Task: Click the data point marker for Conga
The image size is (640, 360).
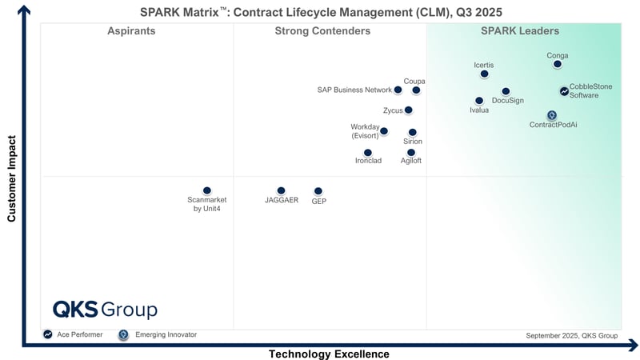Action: [558, 64]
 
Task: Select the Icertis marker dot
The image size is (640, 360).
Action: [484, 74]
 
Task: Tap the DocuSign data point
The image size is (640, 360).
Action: [506, 92]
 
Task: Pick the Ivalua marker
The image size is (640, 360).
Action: [479, 101]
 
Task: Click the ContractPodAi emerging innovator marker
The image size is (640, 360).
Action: [551, 115]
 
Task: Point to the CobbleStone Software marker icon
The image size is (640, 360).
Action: [564, 91]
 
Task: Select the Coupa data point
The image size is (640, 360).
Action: [416, 90]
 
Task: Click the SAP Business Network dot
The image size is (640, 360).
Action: [398, 90]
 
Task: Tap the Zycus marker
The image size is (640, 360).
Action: [409, 110]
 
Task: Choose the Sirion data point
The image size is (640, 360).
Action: [413, 132]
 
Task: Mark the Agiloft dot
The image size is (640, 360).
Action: [411, 152]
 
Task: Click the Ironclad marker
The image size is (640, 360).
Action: [368, 152]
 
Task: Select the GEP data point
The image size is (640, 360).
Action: [318, 191]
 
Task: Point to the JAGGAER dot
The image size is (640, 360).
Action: [281, 190]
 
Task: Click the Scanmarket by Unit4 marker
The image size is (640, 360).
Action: [207, 190]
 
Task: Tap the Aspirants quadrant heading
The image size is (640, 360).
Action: [131, 31]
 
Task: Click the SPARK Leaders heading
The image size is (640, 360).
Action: [519, 31]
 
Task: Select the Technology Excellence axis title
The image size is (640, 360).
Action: [329, 354]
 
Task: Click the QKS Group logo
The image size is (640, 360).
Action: [105, 310]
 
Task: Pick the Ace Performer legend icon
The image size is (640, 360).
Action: [48, 334]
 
